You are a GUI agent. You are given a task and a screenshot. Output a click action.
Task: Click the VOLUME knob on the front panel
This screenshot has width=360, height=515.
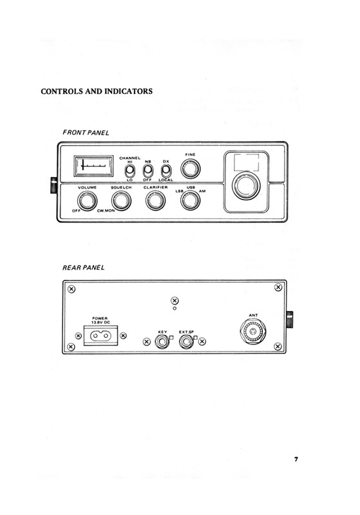[x=87, y=201]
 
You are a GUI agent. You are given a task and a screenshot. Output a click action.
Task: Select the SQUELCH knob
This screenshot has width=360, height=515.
[x=121, y=201]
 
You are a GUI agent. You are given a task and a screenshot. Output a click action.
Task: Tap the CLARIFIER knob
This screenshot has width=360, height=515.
[x=155, y=201]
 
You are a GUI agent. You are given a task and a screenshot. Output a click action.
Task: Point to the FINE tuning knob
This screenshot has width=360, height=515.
[x=191, y=169]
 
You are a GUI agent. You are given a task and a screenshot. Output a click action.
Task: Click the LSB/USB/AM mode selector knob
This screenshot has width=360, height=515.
[x=191, y=201]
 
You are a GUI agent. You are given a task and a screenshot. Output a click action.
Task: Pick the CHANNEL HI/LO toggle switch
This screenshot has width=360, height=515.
[x=129, y=171]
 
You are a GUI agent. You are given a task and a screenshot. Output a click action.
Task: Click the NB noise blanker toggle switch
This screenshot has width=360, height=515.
[x=148, y=171]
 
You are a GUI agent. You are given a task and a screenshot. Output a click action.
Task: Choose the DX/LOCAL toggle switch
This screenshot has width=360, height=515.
[x=166, y=171]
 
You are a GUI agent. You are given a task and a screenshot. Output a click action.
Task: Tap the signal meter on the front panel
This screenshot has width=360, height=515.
[x=93, y=166]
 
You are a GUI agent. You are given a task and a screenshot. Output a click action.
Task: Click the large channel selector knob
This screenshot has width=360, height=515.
[x=247, y=185]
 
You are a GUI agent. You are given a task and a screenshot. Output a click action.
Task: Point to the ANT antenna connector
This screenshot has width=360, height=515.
[x=253, y=331]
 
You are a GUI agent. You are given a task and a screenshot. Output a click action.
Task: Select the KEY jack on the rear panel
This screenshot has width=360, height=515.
[x=162, y=342]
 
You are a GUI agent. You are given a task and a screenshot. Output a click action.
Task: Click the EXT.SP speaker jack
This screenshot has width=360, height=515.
[x=187, y=342]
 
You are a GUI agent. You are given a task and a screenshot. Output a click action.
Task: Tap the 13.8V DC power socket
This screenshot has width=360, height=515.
[x=101, y=335]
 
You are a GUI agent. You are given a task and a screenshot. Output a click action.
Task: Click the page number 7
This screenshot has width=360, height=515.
[x=296, y=459]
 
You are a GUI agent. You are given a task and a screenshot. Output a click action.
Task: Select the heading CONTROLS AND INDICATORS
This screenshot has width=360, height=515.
[x=97, y=91]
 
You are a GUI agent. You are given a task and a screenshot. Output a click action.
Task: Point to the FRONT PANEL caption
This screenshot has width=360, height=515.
[x=86, y=133]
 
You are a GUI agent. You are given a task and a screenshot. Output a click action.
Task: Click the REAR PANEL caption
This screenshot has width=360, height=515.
[x=84, y=268]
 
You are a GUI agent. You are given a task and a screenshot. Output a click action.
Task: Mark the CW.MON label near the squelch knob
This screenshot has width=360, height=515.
[x=106, y=211]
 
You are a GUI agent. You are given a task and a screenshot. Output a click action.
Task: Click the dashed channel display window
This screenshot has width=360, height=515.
[x=247, y=162]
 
